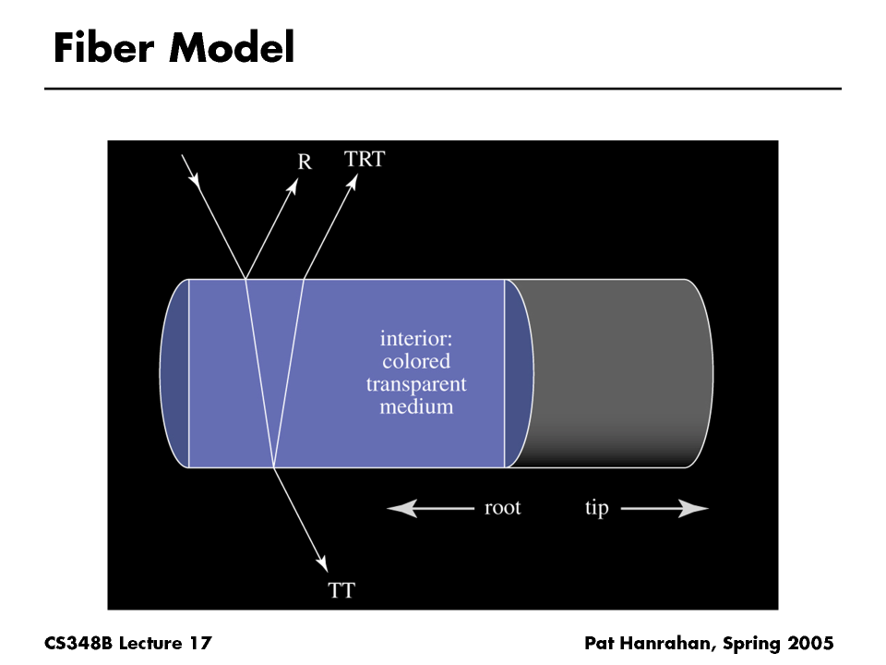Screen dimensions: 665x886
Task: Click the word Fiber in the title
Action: (x=104, y=48)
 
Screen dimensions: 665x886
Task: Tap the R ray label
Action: (x=305, y=163)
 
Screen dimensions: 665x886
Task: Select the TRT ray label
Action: (x=364, y=159)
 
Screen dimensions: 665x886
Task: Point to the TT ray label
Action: (x=341, y=589)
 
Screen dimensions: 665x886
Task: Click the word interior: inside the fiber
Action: (x=416, y=338)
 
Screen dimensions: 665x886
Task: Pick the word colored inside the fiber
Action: (x=416, y=361)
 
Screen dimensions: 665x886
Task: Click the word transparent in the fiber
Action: (x=416, y=383)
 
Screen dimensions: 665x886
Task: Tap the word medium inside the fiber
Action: (x=416, y=405)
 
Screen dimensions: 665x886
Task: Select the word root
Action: (x=502, y=508)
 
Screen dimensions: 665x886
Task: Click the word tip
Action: (x=596, y=509)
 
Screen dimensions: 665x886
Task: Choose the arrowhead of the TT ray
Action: (x=322, y=562)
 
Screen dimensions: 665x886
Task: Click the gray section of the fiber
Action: (x=618, y=369)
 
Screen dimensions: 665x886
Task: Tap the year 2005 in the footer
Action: (x=809, y=643)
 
